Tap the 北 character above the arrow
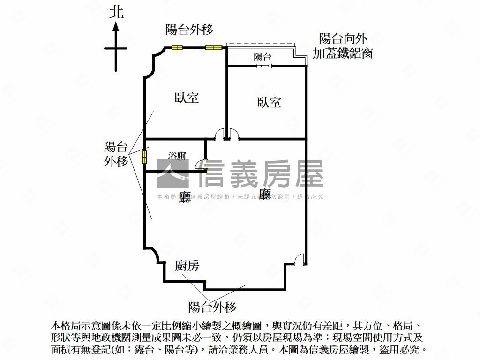pyautogui.click(x=116, y=12)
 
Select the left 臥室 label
pyautogui.click(x=187, y=97)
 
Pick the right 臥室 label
pyautogui.click(x=269, y=102)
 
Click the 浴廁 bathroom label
pyautogui.click(x=177, y=156)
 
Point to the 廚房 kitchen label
pyautogui.click(x=187, y=266)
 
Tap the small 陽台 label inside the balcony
pyautogui.click(x=262, y=57)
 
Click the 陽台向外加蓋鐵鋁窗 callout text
pyautogui.click(x=343, y=46)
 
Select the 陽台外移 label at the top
pyautogui.click(x=189, y=30)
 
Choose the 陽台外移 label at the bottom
pyautogui.click(x=212, y=307)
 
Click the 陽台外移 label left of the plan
pyautogui.click(x=116, y=154)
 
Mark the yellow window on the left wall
pyautogui.click(x=144, y=157)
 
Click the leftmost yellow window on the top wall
pyautogui.click(x=177, y=47)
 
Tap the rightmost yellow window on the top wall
pyautogui.click(x=213, y=47)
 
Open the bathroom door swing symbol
pyautogui.click(x=199, y=165)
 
